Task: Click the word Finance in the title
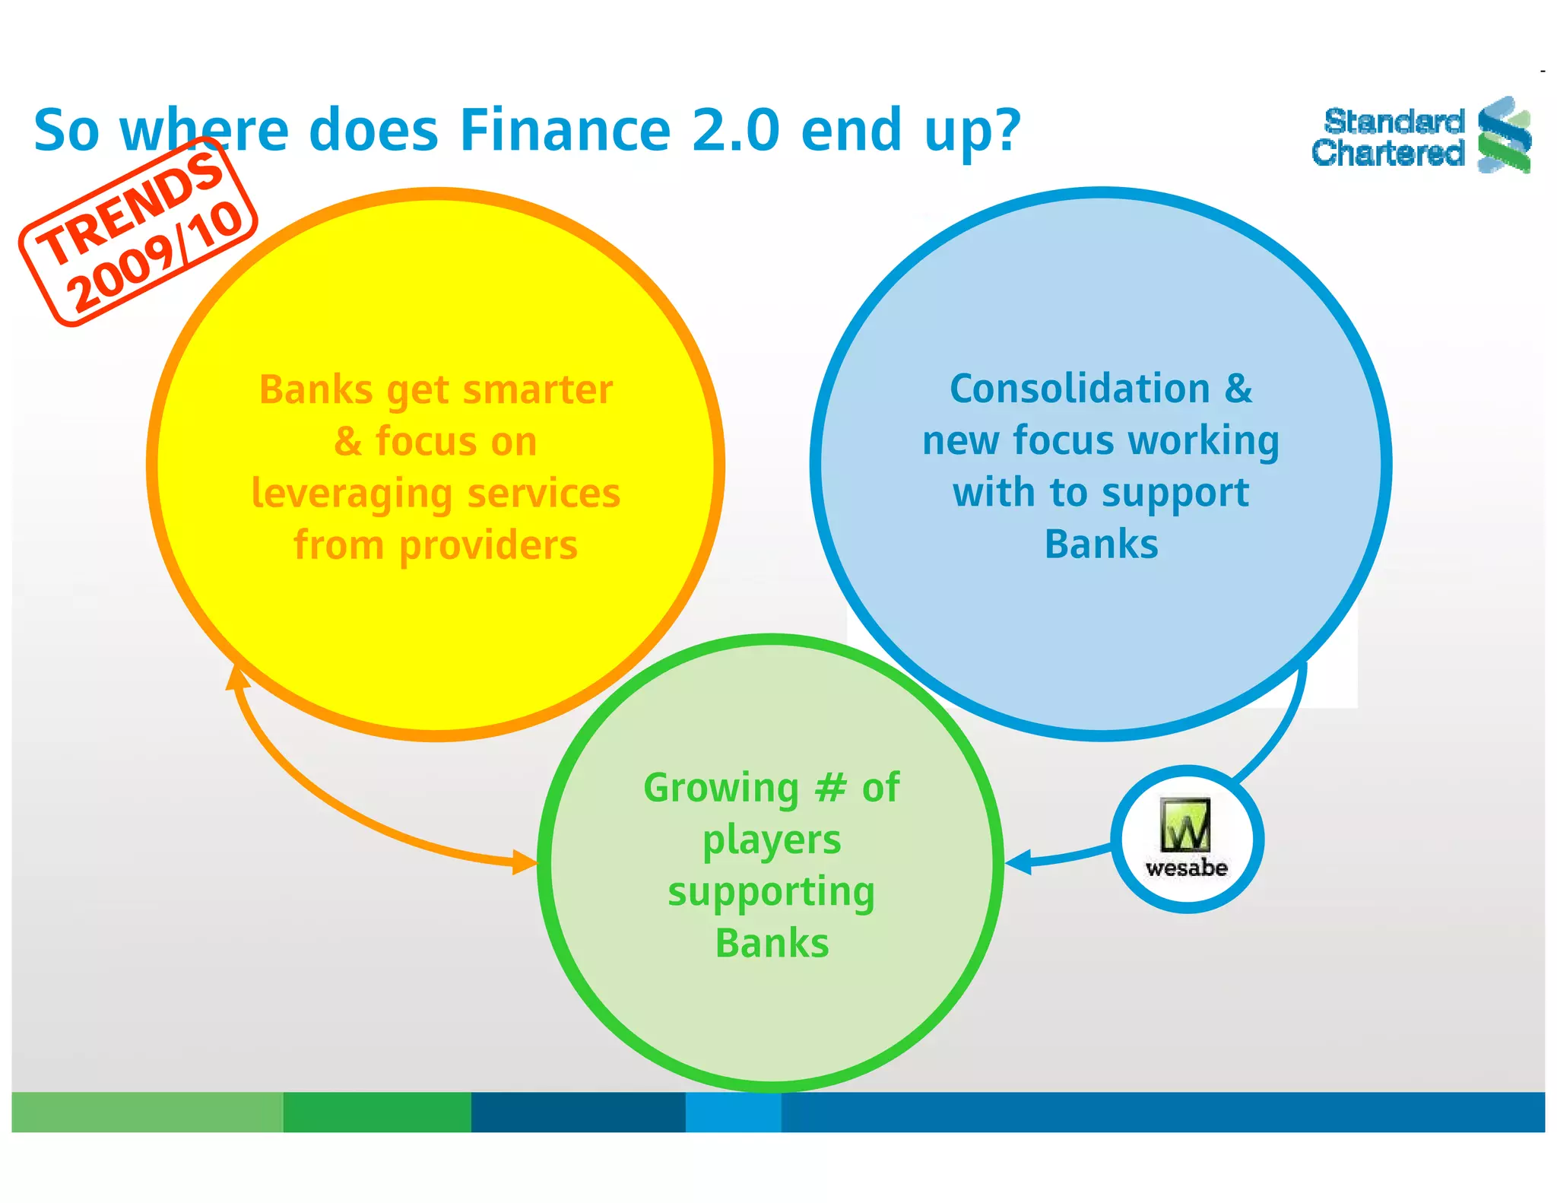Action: (x=565, y=130)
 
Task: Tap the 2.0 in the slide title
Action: (x=735, y=130)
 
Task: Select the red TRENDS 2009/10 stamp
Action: (x=138, y=233)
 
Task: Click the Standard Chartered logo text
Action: (x=1388, y=138)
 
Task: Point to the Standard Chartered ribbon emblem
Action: (x=1504, y=135)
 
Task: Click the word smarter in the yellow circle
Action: (x=537, y=390)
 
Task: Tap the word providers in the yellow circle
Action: (x=488, y=546)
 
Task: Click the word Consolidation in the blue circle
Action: (x=1080, y=389)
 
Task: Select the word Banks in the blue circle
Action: (x=1101, y=544)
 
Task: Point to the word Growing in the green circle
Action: (x=721, y=789)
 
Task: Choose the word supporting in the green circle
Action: (x=771, y=892)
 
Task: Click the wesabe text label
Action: (x=1186, y=868)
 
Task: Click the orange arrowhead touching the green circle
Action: (x=525, y=862)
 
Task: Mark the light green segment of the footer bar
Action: (x=147, y=1112)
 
